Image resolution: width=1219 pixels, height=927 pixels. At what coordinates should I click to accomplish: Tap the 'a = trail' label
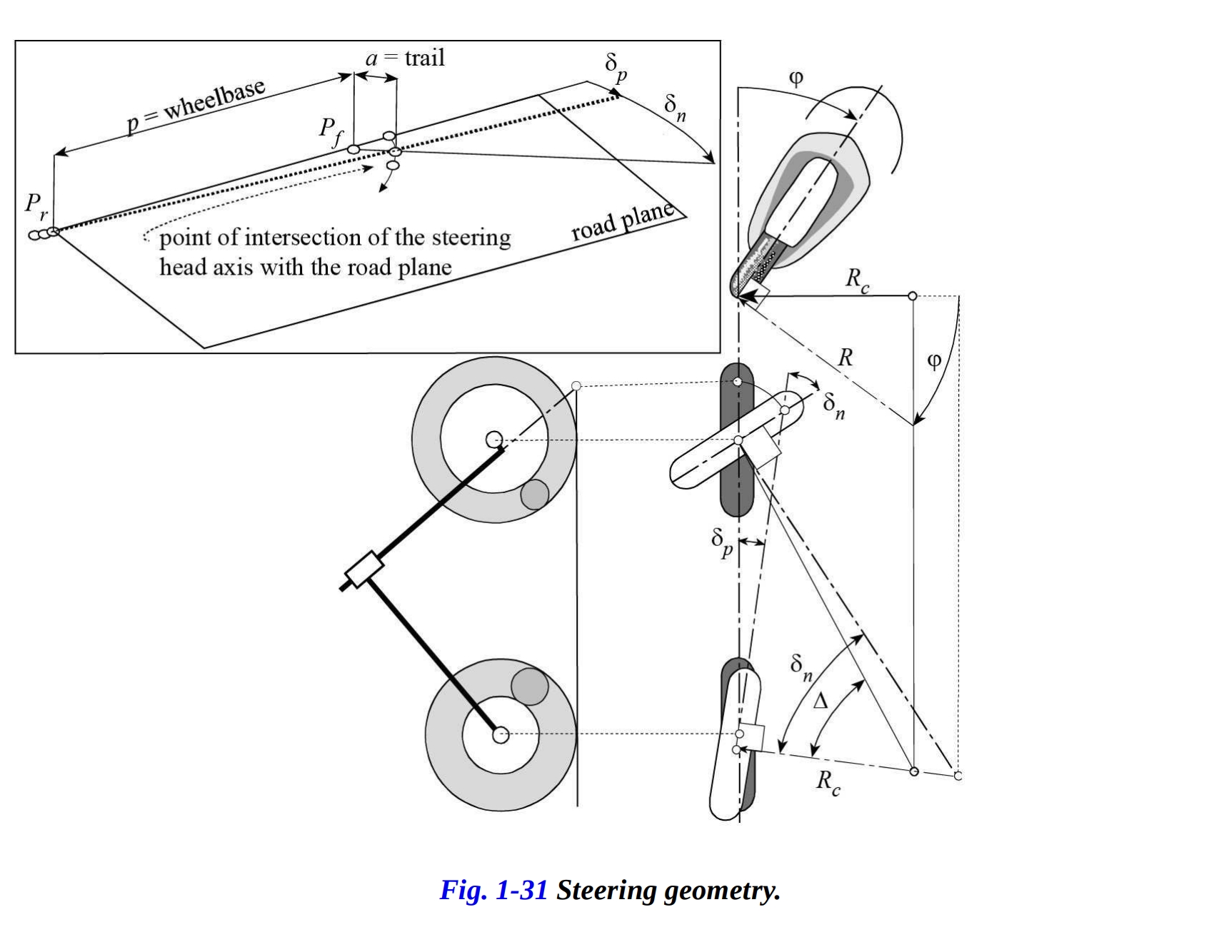pyautogui.click(x=405, y=58)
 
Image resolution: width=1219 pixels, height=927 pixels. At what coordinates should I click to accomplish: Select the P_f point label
pyautogui.click(x=330, y=131)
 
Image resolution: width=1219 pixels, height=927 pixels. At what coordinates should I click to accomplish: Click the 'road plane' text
pyautogui.click(x=623, y=221)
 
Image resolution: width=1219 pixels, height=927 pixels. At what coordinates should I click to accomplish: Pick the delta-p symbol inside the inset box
pyautogui.click(x=616, y=69)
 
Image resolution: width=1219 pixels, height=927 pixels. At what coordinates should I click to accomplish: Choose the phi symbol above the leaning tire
pyautogui.click(x=796, y=78)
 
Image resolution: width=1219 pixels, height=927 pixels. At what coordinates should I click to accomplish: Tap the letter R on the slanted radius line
pyautogui.click(x=845, y=357)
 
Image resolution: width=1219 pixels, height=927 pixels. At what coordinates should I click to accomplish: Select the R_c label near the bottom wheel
pyautogui.click(x=828, y=781)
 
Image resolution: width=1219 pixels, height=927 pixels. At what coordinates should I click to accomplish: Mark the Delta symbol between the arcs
pyautogui.click(x=821, y=701)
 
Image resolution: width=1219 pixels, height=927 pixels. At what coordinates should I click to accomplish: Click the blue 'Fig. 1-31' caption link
pyautogui.click(x=493, y=890)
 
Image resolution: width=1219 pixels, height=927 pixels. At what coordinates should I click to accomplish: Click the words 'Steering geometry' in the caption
pyautogui.click(x=668, y=890)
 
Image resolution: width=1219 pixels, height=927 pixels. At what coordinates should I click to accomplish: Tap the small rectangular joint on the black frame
pyautogui.click(x=364, y=572)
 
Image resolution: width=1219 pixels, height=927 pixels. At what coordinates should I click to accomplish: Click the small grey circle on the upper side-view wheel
pyautogui.click(x=534, y=495)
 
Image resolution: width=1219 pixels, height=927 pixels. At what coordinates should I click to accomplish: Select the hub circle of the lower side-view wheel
pyautogui.click(x=501, y=734)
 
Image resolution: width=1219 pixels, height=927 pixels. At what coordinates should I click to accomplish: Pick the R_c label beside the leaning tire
pyautogui.click(x=857, y=279)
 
